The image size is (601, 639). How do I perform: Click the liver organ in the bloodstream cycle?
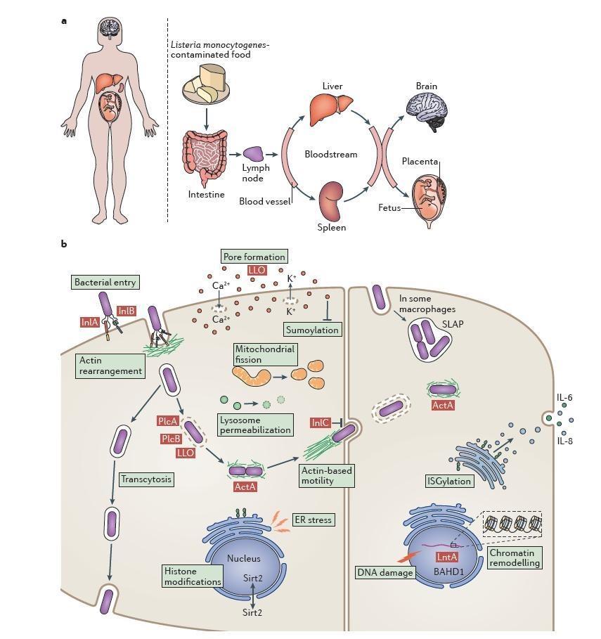(332, 109)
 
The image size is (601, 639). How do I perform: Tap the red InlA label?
(90, 322)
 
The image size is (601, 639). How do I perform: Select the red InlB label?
(127, 311)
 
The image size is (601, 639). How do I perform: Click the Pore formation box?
(254, 257)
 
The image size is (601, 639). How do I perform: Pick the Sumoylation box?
(312, 329)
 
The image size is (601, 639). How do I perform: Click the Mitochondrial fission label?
(265, 354)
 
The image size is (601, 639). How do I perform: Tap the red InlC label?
(321, 422)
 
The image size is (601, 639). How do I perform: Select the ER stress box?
(313, 519)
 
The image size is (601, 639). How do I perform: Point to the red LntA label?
(447, 557)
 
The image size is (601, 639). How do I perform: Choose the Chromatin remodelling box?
(515, 558)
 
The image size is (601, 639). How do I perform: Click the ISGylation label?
(449, 482)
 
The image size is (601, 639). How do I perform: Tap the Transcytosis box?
(146, 479)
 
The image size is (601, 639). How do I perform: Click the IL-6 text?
(564, 398)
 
